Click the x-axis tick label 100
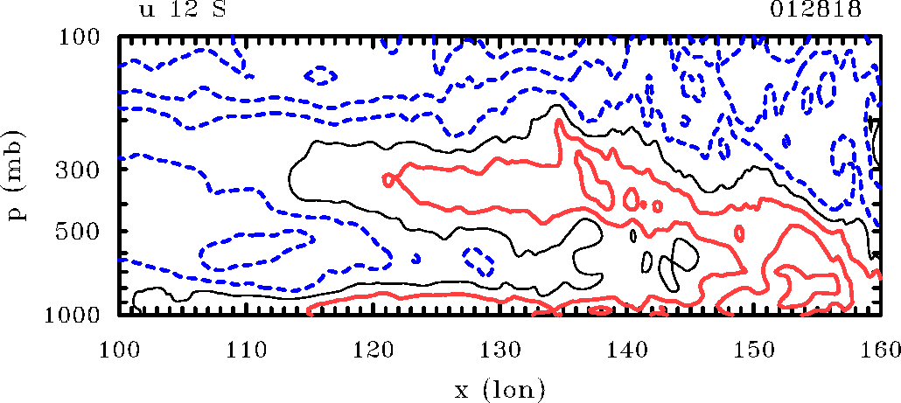(x=119, y=351)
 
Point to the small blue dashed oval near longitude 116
(x=324, y=76)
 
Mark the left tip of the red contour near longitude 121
(x=386, y=179)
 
